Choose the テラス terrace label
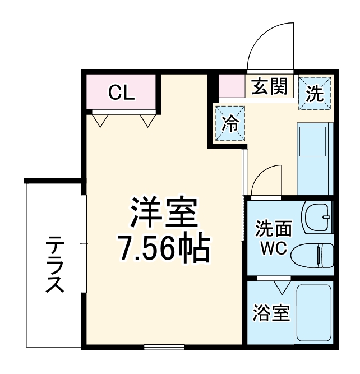pyautogui.click(x=54, y=264)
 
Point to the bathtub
pyautogui.click(x=314, y=315)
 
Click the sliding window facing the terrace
pyautogui.click(x=84, y=243)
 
